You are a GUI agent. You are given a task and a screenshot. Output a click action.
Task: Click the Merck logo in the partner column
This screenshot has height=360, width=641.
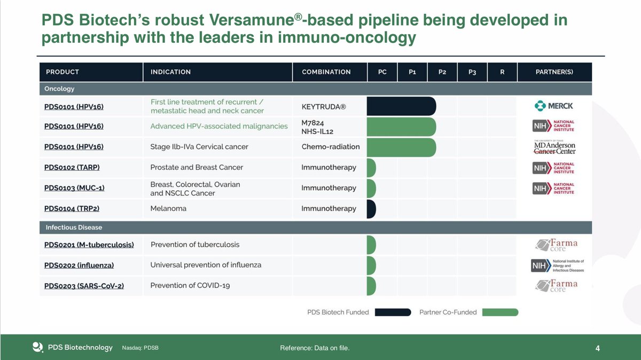(x=553, y=106)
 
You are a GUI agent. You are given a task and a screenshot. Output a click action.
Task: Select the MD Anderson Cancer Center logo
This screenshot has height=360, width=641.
(x=555, y=147)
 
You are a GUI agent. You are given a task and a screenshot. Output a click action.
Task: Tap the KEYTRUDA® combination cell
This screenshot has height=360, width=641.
(x=324, y=107)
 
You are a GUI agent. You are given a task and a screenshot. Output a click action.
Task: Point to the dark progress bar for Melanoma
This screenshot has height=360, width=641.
(x=371, y=209)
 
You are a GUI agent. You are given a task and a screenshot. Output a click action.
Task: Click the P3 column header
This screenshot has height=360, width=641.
(x=472, y=72)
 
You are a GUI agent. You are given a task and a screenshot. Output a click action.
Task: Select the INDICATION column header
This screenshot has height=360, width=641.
(x=170, y=72)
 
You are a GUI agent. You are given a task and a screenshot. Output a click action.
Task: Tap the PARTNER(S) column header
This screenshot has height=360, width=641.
(x=554, y=72)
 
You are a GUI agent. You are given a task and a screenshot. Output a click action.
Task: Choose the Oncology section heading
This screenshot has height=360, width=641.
(x=59, y=89)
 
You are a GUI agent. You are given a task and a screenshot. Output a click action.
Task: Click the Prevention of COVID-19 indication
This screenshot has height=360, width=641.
(x=190, y=286)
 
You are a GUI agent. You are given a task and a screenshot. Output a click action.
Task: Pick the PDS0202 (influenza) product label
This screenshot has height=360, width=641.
(x=79, y=265)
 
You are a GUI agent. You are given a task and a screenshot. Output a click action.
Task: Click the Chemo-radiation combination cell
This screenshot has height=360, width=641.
(x=331, y=147)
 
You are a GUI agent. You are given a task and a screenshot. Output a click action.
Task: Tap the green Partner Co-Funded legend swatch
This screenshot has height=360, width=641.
(x=500, y=312)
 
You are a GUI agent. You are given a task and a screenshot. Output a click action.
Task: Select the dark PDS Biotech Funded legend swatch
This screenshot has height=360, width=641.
(x=393, y=312)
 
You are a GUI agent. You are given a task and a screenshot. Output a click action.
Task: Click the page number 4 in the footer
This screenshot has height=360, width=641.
(x=598, y=349)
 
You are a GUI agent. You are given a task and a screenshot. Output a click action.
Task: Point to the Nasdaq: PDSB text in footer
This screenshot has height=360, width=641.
(x=140, y=348)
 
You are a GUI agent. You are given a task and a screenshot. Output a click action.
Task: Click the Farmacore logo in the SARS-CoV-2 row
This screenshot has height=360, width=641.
(x=557, y=285)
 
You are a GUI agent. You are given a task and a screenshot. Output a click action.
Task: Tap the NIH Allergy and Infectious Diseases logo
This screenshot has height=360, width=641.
(x=557, y=265)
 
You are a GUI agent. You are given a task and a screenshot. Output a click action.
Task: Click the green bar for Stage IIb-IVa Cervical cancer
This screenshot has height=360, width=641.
(x=401, y=147)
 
